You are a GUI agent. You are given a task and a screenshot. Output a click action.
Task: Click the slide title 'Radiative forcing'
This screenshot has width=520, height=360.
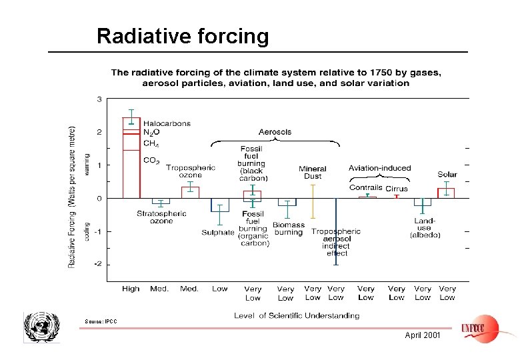183,35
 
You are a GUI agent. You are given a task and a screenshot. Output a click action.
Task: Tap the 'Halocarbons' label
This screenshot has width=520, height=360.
167,123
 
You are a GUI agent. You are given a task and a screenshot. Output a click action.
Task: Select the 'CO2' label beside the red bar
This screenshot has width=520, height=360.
151,160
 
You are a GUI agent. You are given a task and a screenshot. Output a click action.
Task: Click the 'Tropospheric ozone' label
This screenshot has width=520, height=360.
190,171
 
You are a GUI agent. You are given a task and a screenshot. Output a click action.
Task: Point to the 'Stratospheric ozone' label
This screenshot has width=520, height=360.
161,217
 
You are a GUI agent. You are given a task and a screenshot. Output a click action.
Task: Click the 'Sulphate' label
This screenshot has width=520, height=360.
218,233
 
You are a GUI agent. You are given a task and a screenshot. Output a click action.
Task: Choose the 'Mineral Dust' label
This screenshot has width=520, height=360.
312,172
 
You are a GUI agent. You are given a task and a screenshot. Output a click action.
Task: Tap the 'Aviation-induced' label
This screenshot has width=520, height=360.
379,167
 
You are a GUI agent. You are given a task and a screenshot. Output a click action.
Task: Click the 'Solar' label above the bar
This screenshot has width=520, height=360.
447,175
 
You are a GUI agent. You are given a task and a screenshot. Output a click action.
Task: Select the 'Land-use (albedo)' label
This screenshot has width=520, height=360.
425,228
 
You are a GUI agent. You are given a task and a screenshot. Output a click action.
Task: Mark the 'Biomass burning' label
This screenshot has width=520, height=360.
288,229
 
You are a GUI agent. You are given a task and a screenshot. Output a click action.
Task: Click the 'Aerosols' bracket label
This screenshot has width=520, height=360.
275,132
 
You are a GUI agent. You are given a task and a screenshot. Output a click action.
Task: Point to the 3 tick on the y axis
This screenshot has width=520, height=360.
99,99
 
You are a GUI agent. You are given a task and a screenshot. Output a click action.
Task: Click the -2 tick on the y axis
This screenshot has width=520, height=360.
97,264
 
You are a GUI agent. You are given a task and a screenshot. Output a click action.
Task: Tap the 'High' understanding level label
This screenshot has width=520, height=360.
131,289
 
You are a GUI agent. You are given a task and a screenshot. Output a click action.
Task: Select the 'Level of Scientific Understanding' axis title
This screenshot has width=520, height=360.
297,315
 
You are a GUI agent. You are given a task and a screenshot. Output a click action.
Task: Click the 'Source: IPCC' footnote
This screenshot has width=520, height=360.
101,322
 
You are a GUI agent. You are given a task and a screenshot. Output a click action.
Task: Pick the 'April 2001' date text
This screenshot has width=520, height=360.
423,335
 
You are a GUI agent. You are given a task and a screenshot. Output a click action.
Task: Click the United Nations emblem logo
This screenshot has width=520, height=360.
42,327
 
